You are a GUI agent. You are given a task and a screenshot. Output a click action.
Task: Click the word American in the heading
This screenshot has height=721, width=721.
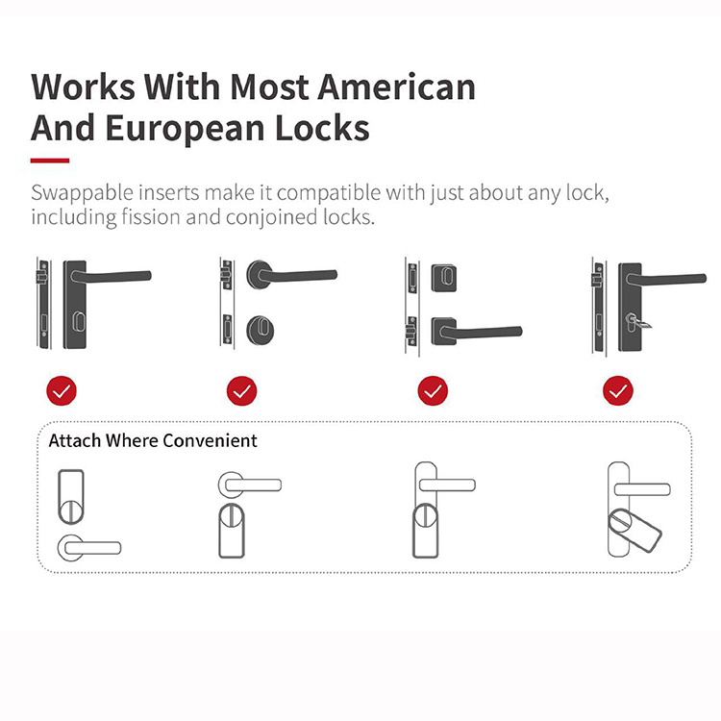396,87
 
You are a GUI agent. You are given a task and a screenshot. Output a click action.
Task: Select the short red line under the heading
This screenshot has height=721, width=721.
50,161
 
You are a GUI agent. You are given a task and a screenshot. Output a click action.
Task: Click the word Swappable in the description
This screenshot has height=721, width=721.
82,193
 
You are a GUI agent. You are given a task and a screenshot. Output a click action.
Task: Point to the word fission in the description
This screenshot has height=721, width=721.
151,216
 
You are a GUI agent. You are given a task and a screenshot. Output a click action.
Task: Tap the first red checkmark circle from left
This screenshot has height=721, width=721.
62,391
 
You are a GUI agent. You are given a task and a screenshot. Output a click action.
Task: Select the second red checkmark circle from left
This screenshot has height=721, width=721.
242,391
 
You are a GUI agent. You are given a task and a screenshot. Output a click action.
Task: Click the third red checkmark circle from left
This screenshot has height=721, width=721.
433,391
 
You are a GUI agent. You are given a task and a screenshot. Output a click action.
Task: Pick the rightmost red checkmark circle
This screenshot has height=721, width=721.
618,391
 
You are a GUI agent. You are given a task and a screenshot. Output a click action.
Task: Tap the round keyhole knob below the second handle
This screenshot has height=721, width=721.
261,330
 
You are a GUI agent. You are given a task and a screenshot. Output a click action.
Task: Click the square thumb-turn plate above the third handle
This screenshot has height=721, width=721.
444,278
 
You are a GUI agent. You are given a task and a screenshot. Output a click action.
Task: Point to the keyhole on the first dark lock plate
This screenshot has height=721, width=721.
79,321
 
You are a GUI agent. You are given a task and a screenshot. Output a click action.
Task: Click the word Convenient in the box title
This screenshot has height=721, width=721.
210,440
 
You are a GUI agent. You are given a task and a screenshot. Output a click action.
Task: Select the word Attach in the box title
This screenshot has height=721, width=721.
75,440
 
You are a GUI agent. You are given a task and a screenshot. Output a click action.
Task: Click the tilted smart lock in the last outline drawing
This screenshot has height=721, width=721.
634,530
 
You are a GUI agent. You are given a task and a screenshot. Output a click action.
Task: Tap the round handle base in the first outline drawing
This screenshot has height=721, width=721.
71,547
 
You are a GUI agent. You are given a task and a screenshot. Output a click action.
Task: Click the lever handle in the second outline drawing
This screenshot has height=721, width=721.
252,485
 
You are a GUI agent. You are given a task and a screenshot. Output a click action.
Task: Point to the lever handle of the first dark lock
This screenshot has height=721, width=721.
112,276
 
